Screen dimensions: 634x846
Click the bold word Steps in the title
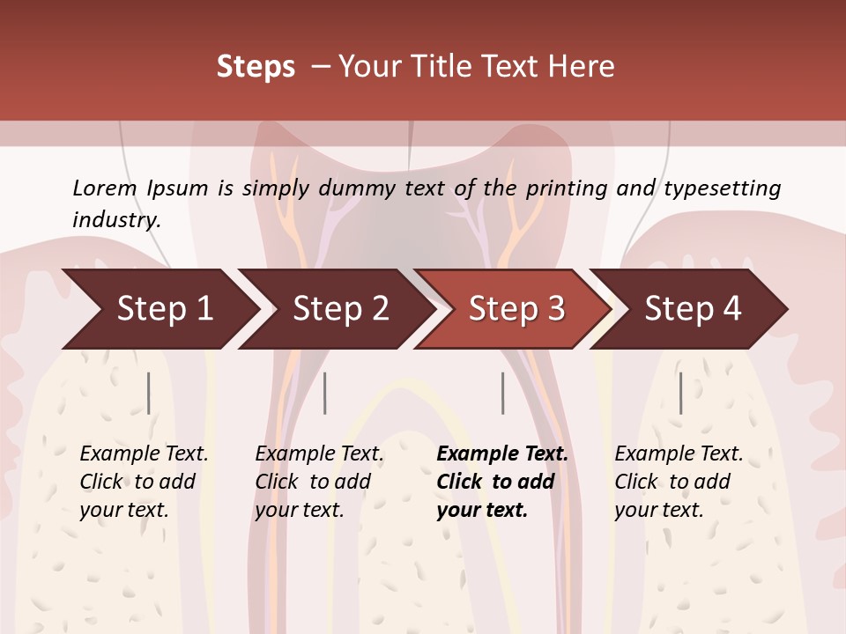pyautogui.click(x=256, y=67)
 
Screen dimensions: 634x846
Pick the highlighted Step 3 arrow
pyautogui.click(x=516, y=309)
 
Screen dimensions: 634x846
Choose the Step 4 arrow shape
pyautogui.click(x=693, y=309)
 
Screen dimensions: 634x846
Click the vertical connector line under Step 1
pyautogui.click(x=149, y=393)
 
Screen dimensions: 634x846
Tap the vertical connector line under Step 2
pyautogui.click(x=325, y=393)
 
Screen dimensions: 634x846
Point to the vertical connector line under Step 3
pyautogui.click(x=503, y=393)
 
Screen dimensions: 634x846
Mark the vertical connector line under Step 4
pyautogui.click(x=680, y=393)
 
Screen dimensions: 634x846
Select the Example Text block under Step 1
pyautogui.click(x=144, y=482)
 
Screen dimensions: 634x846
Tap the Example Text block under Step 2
pyautogui.click(x=319, y=482)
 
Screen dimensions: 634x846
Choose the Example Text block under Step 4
pyautogui.click(x=679, y=482)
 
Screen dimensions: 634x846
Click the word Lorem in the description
pyautogui.click(x=105, y=188)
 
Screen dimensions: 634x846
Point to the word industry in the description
pyautogui.click(x=116, y=220)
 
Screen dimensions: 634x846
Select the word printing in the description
pyautogui.click(x=564, y=188)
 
